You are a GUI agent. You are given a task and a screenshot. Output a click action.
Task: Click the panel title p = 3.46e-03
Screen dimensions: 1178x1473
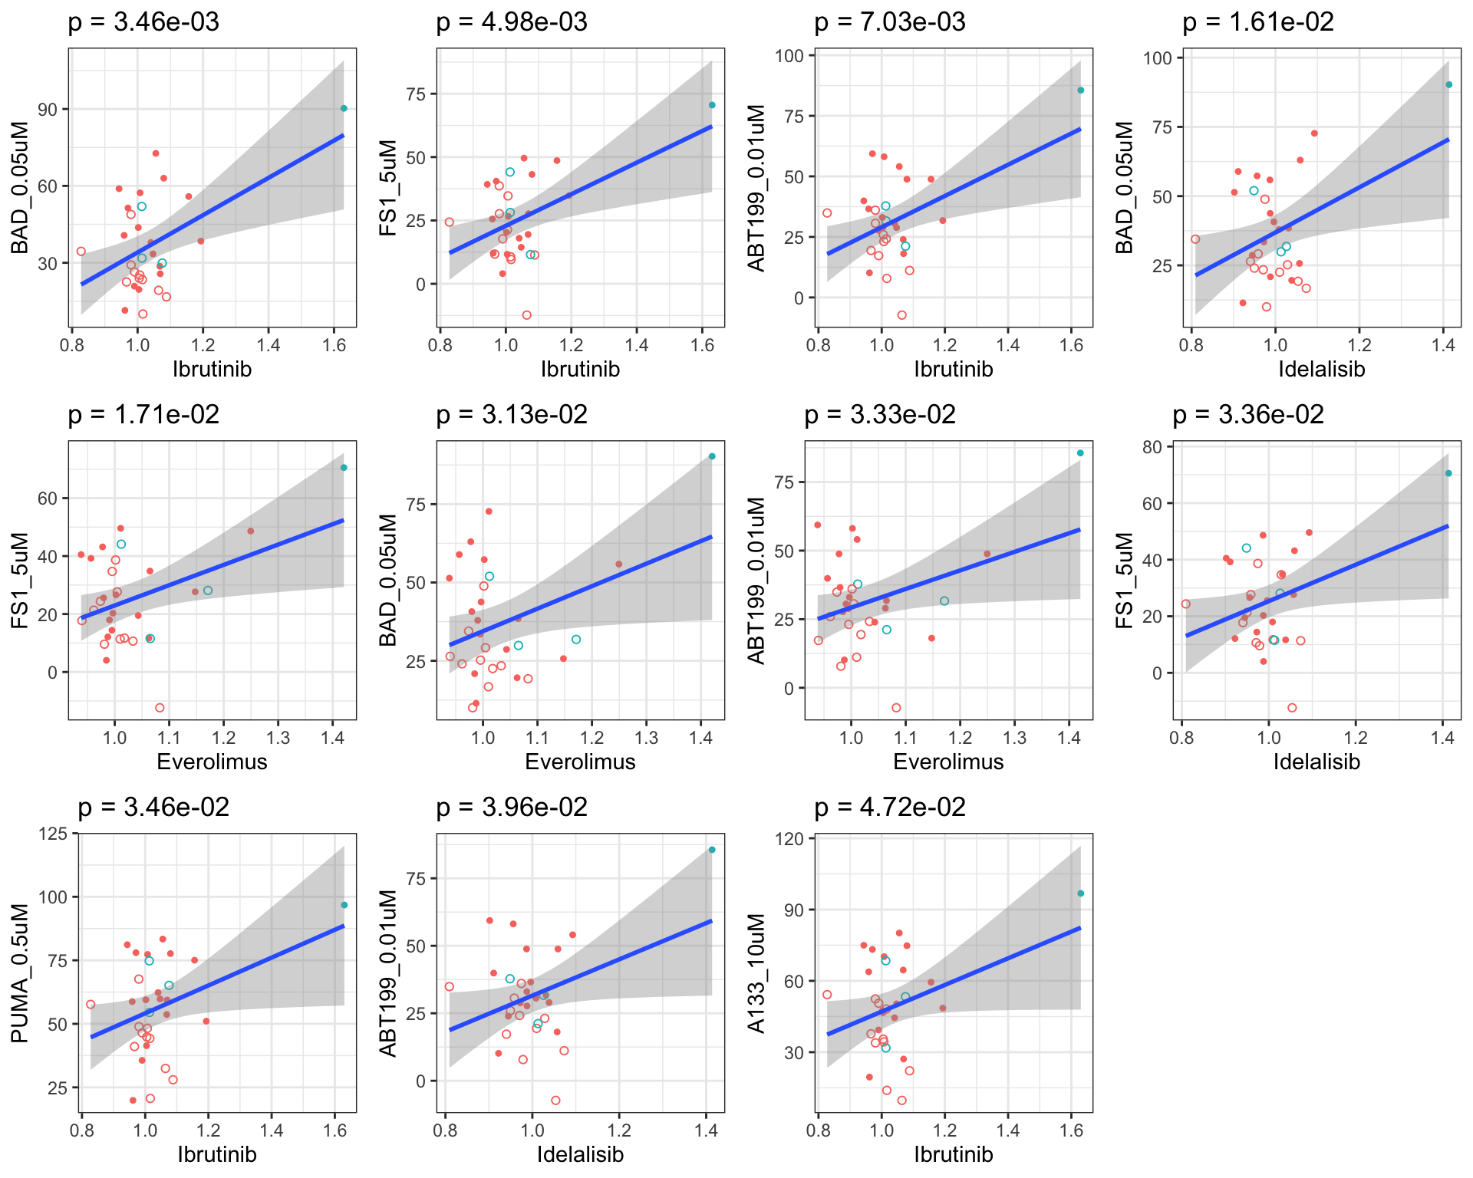click(x=143, y=22)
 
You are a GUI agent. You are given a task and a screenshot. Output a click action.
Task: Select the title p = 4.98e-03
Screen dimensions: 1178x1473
click(x=512, y=22)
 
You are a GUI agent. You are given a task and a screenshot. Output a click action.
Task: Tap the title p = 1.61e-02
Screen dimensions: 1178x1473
click(x=1258, y=22)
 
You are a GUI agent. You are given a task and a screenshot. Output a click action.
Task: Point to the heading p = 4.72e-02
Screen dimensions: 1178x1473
click(x=890, y=808)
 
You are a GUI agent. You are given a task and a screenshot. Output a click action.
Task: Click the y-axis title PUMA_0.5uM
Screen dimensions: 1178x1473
click(x=20, y=973)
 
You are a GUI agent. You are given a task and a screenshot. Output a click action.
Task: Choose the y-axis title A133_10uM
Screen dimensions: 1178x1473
click(x=756, y=973)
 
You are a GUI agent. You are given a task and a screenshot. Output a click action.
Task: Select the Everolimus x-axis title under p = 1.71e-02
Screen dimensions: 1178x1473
click(x=212, y=762)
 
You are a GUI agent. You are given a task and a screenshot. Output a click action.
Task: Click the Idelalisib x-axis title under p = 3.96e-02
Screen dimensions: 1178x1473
click(x=580, y=1154)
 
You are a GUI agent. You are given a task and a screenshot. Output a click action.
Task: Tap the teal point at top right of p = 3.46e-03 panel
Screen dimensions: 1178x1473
click(x=344, y=109)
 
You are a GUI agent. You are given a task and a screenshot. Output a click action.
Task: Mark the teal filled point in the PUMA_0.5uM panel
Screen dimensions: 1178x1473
click(x=344, y=905)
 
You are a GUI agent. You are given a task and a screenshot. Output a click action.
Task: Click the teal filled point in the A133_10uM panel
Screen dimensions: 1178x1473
click(x=1080, y=893)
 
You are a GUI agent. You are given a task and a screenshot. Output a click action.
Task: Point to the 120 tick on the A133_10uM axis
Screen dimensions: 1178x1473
click(x=793, y=839)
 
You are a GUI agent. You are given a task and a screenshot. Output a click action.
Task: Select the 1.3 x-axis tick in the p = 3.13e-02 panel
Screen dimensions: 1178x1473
click(x=647, y=738)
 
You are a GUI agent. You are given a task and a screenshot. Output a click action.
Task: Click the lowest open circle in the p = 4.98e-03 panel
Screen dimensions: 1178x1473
click(x=526, y=315)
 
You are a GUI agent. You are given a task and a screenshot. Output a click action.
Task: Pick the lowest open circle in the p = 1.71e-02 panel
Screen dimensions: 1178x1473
click(x=160, y=708)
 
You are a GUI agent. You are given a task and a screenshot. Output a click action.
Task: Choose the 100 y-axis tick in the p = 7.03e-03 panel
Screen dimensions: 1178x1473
click(x=789, y=56)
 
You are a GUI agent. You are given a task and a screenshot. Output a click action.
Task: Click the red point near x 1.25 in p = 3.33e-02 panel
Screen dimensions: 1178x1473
click(x=987, y=554)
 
